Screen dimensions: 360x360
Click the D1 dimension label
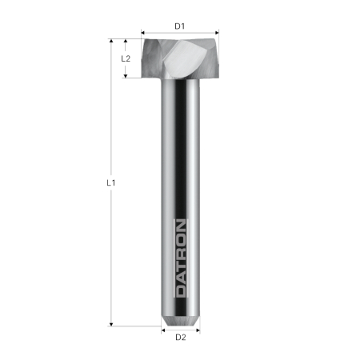tap(180, 26)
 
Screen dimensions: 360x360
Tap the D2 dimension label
tap(180, 337)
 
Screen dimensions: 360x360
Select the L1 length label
tap(112, 182)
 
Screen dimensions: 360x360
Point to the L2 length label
tap(126, 58)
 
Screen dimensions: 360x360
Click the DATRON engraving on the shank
tap(181, 258)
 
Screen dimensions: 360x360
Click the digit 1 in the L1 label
tap(115, 182)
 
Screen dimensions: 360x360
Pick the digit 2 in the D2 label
tap(183, 337)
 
